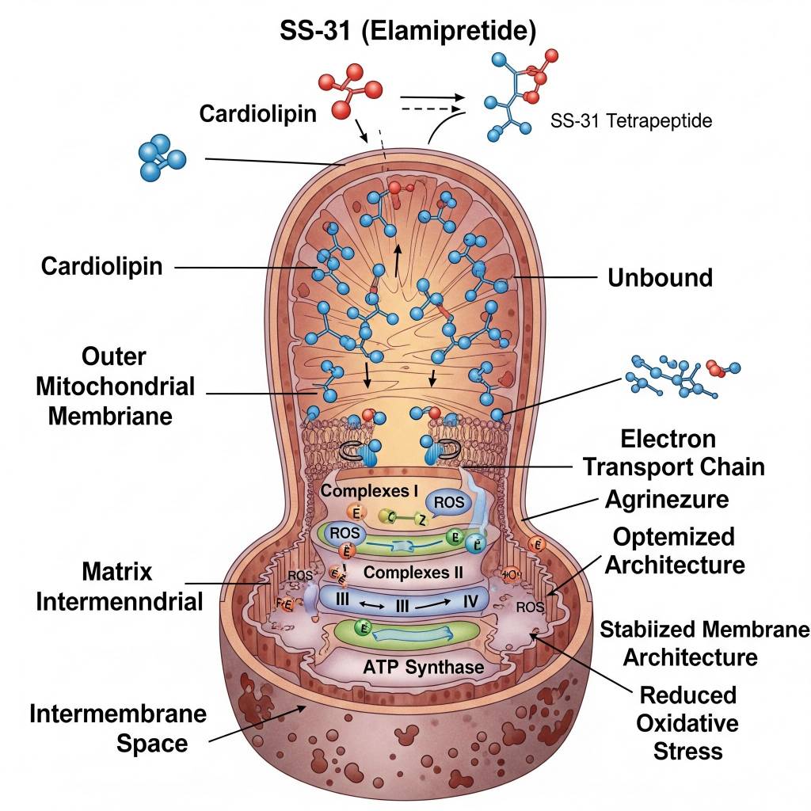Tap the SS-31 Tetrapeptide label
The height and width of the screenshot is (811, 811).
tap(630, 121)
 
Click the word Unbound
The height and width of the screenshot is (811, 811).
tap(660, 278)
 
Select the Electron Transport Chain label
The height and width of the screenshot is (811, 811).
tap(673, 452)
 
